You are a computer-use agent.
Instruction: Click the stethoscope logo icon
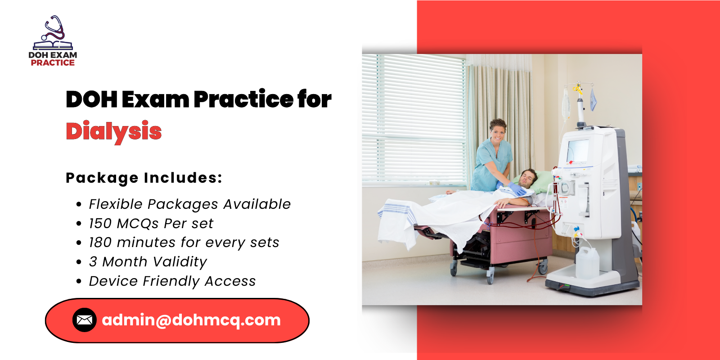53,32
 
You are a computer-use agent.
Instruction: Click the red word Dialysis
113,131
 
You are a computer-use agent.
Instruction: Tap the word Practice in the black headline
243,99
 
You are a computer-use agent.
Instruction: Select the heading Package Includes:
144,178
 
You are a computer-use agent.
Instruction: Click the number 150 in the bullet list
100,224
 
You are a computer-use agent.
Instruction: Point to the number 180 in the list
100,243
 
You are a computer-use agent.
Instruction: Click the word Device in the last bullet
113,281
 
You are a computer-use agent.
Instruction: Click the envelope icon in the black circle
85,320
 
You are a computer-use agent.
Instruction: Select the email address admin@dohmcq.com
191,320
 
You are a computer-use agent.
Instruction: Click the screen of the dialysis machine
578,151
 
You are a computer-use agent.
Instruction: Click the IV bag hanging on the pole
566,103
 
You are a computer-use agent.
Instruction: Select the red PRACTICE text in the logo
53,63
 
